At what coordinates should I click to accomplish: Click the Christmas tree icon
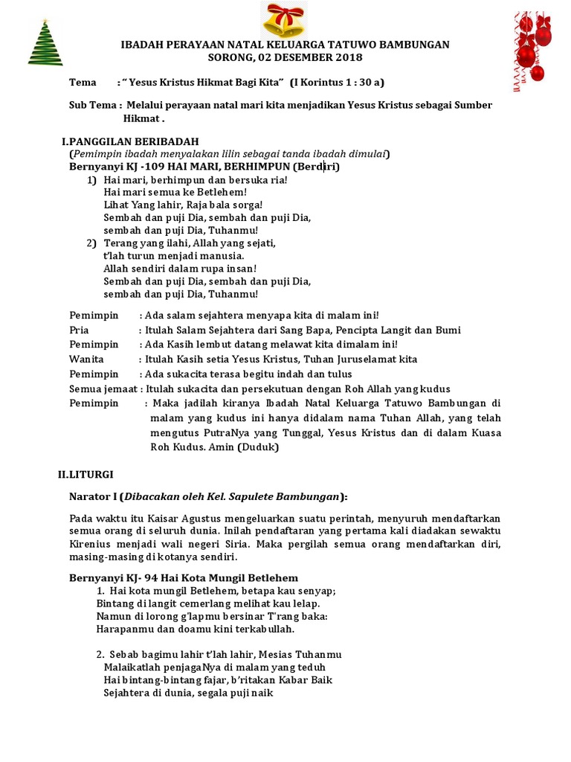click(45, 42)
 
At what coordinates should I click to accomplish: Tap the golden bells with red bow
click(285, 21)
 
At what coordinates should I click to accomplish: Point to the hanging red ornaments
click(532, 46)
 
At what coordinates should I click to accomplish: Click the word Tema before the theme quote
click(83, 82)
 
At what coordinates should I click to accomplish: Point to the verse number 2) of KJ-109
click(91, 243)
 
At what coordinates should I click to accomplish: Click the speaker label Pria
click(79, 330)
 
